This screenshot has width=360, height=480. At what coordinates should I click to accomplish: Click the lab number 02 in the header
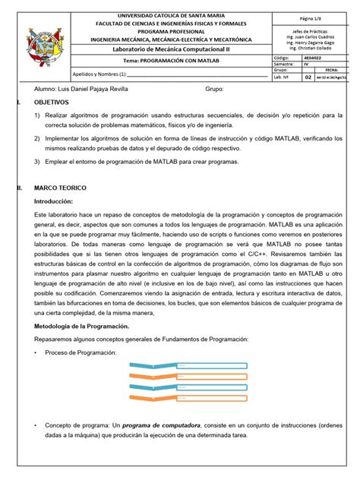click(x=308, y=77)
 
